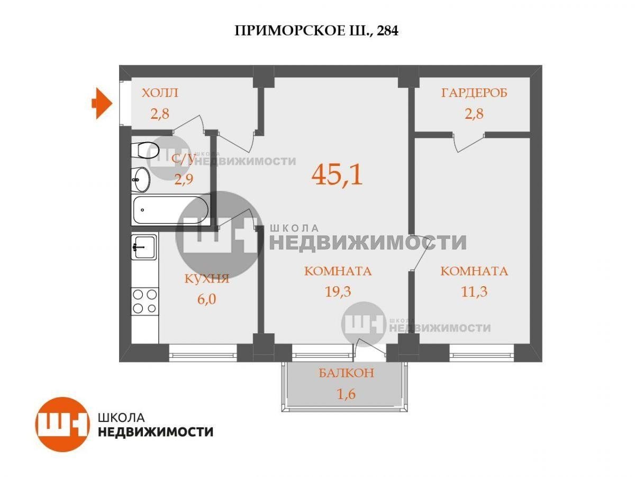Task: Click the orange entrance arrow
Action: click(102, 103)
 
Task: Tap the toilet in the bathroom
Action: click(145, 151)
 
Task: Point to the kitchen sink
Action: click(144, 247)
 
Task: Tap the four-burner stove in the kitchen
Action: click(144, 302)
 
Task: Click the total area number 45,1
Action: click(337, 174)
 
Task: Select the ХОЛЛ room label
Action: click(160, 93)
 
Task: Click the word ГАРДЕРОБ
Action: click(474, 93)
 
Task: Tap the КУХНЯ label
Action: click(207, 279)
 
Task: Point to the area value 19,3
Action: click(338, 291)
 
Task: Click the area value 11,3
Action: click(474, 291)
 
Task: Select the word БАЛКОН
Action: click(346, 373)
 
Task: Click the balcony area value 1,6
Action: click(346, 394)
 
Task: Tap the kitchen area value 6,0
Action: click(206, 299)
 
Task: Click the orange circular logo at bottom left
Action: click(62, 425)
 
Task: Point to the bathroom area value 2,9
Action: click(184, 179)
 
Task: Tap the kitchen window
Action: click(203, 353)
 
